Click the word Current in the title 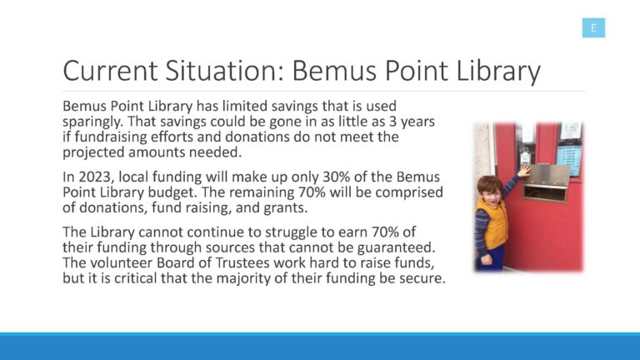click(110, 71)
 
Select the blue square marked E click(593, 27)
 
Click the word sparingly click(93, 122)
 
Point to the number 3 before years click(392, 121)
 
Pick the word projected click(93, 152)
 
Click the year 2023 click(95, 177)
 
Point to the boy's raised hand click(523, 170)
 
